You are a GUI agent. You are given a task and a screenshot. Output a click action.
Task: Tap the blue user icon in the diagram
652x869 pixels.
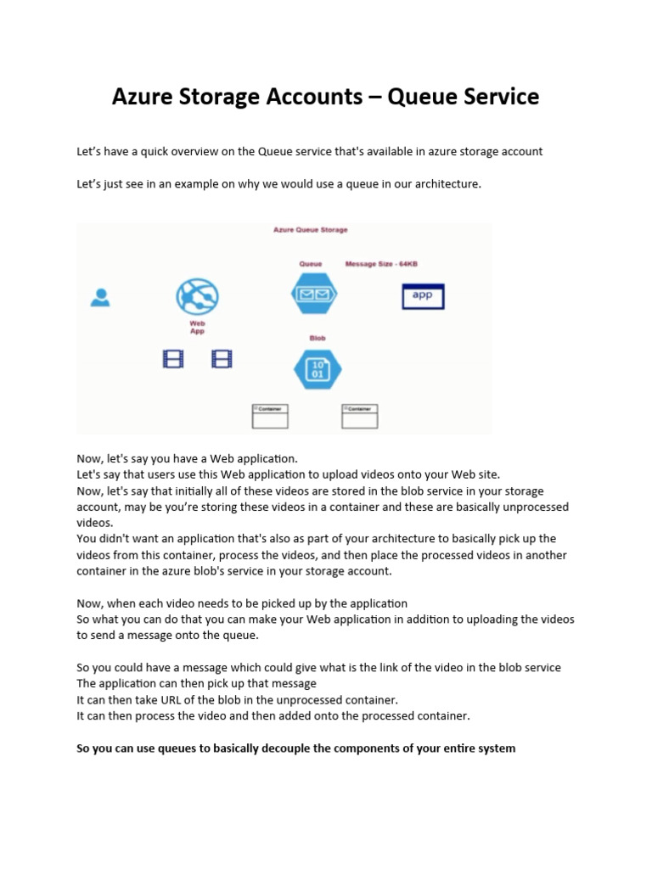pyautogui.click(x=100, y=297)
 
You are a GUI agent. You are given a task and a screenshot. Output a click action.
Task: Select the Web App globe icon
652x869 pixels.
pyautogui.click(x=197, y=297)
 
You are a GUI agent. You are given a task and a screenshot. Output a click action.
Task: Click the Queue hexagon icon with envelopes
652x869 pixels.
pyautogui.click(x=314, y=294)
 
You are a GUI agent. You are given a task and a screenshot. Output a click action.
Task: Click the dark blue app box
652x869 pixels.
pyautogui.click(x=423, y=296)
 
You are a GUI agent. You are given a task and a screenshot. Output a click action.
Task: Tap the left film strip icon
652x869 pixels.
pyautogui.click(x=173, y=359)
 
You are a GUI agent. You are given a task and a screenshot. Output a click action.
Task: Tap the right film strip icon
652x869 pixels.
pyautogui.click(x=222, y=359)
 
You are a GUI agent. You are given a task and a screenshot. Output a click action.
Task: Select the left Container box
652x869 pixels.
pyautogui.click(x=270, y=416)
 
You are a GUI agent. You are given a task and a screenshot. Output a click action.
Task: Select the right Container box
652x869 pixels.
pyautogui.click(x=360, y=416)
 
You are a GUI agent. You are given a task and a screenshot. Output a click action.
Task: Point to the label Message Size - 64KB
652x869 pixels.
pyautogui.click(x=381, y=264)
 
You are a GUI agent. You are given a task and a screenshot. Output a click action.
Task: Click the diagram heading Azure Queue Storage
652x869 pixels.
pyautogui.click(x=310, y=230)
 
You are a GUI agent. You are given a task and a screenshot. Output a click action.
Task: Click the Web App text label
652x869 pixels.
pyautogui.click(x=197, y=328)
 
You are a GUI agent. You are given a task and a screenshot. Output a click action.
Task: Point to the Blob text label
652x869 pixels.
pyautogui.click(x=317, y=338)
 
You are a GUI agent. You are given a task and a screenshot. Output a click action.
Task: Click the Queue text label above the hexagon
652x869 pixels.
pyautogui.click(x=310, y=264)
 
